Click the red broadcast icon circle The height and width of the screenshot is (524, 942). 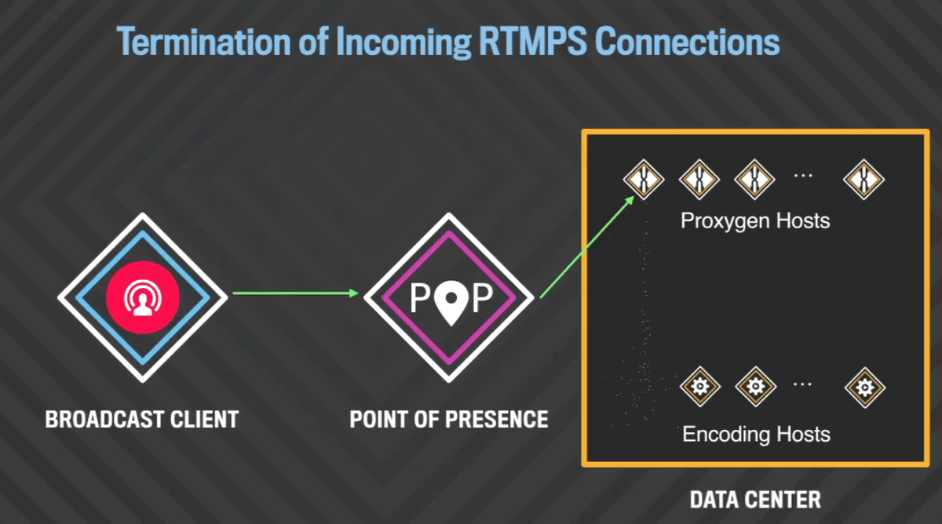tap(143, 297)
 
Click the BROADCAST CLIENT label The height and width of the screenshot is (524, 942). tap(142, 420)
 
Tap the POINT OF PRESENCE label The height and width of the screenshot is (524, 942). tap(449, 420)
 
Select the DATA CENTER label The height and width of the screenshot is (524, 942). tap(755, 500)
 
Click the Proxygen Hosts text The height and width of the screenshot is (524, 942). tap(755, 221)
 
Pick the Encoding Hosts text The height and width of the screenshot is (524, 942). tap(756, 434)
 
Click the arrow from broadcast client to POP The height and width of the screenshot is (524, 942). tap(295, 293)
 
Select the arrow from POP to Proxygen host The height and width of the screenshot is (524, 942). tap(587, 247)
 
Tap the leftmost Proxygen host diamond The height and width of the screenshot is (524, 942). tap(644, 180)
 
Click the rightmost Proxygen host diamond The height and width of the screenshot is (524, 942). tap(863, 180)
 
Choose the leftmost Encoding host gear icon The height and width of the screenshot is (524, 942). tap(700, 387)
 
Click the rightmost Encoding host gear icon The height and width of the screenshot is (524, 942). tap(864, 388)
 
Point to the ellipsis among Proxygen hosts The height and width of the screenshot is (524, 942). tap(803, 176)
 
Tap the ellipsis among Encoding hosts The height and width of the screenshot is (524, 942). tap(802, 384)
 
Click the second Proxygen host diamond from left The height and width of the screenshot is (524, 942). tap(699, 180)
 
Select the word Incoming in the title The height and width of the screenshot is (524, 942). tap(403, 42)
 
